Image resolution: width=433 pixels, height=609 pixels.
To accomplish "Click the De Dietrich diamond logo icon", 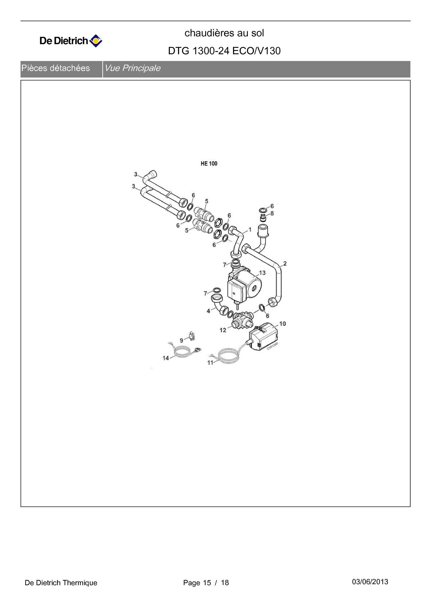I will tap(96, 41).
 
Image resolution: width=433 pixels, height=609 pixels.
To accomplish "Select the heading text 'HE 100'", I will tap(209, 163).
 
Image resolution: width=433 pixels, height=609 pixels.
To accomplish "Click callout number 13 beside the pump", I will tap(262, 273).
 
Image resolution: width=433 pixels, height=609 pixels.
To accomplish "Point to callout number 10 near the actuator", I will tap(282, 324).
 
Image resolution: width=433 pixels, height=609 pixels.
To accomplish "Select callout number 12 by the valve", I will tap(223, 330).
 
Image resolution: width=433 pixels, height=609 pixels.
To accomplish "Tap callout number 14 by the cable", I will tap(166, 358).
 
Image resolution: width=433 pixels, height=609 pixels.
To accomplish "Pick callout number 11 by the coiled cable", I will tap(210, 362).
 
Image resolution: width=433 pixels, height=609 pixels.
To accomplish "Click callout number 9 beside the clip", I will tap(181, 340).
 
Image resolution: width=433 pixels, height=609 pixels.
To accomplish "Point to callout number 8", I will tap(272, 213).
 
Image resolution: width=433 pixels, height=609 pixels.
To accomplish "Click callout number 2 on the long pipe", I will tap(285, 263).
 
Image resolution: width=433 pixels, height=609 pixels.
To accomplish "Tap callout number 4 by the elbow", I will tap(208, 311).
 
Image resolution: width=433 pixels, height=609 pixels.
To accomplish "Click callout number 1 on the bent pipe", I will tap(250, 229).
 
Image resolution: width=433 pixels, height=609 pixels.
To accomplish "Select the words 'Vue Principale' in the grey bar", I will tap(132, 68).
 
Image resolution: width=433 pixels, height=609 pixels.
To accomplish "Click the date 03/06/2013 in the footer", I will tap(370, 582).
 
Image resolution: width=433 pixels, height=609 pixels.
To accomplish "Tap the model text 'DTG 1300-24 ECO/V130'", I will tap(224, 51).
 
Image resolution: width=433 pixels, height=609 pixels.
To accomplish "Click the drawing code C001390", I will tap(272, 346).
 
